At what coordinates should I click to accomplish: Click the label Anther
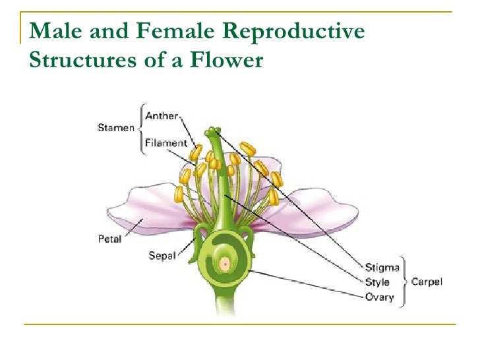162,116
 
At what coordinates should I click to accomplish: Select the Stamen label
115,129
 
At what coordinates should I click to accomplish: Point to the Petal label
109,239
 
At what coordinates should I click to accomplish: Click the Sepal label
162,255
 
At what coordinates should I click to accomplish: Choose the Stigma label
382,268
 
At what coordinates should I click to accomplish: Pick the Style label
377,282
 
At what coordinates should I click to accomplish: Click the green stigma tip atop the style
212,132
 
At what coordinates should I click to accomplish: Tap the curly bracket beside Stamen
140,129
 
